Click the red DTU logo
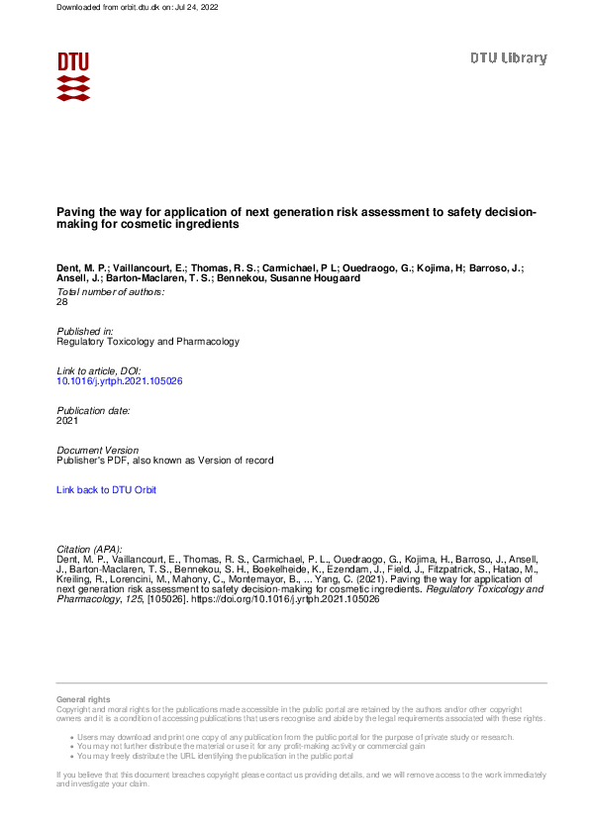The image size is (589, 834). [x=73, y=76]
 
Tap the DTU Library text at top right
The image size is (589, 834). [x=508, y=58]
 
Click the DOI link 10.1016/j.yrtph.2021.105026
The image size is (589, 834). [x=120, y=380]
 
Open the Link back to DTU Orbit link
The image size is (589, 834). [x=106, y=490]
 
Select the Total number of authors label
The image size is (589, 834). [x=111, y=292]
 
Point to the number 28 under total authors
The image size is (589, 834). [x=63, y=302]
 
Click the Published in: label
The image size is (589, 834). [x=86, y=331]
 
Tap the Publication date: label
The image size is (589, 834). [x=94, y=410]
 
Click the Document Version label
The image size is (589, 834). [x=98, y=451]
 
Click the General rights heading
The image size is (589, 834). [x=84, y=700]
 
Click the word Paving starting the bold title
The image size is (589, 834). [x=75, y=212]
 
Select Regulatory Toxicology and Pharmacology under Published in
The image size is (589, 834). [x=148, y=341]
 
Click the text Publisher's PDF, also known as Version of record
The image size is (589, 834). [x=165, y=461]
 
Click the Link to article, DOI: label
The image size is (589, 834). [x=100, y=370]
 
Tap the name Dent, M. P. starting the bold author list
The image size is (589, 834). [x=82, y=267]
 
